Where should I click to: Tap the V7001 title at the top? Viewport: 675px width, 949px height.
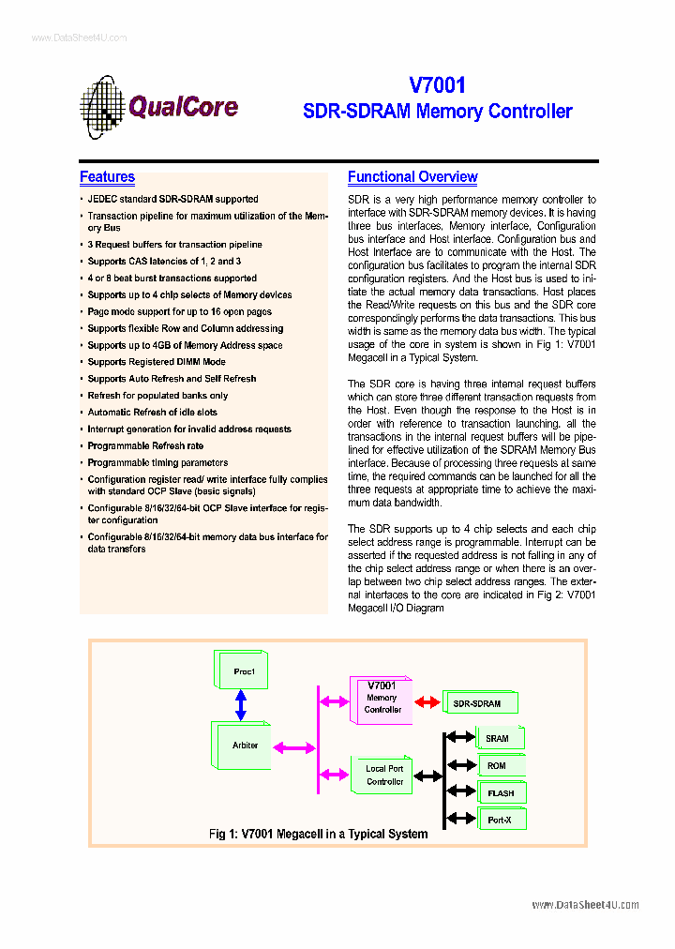[x=437, y=85]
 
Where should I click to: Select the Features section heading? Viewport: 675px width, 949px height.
[x=107, y=177]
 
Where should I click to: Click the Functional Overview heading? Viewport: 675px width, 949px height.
[x=412, y=177]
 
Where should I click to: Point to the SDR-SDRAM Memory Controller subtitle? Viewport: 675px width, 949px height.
[x=437, y=112]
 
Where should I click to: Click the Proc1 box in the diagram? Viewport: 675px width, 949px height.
[x=243, y=671]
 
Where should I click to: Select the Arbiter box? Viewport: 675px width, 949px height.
[x=243, y=746]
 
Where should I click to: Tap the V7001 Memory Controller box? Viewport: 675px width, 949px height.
[x=382, y=699]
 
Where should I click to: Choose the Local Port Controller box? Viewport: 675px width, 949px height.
[x=383, y=775]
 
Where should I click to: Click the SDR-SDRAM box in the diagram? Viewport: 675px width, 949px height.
[x=478, y=702]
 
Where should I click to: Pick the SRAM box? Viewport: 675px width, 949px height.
[x=498, y=738]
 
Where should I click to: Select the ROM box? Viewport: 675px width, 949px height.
[x=498, y=765]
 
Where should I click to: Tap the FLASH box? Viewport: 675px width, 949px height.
[x=500, y=793]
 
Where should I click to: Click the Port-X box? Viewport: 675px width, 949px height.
[x=499, y=821]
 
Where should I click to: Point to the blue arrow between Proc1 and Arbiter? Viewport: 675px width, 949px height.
[x=241, y=704]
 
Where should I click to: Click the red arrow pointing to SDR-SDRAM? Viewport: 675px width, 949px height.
[x=427, y=702]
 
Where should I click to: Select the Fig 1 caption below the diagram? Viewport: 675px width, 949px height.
[x=318, y=834]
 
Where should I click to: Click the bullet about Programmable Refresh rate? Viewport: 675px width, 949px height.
[x=145, y=446]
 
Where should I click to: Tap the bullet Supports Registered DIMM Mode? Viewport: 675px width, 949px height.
[x=157, y=362]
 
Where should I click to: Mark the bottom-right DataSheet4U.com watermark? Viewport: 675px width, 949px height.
[x=585, y=905]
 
